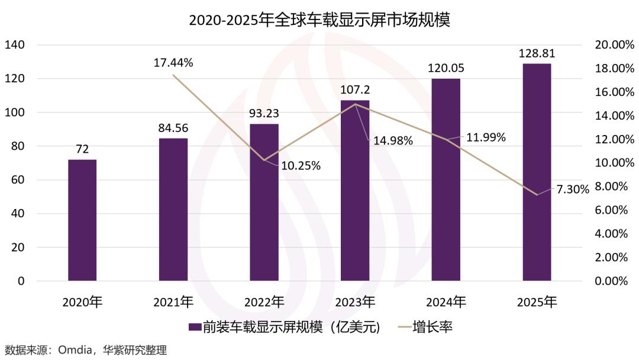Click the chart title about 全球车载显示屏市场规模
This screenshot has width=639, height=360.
click(319, 20)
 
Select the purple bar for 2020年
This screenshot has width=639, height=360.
click(82, 220)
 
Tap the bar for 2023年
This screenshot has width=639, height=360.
click(355, 191)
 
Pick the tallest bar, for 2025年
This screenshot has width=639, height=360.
click(537, 172)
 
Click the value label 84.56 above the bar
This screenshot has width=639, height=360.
click(173, 127)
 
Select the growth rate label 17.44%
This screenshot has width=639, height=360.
click(173, 62)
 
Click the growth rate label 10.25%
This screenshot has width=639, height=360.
click(300, 166)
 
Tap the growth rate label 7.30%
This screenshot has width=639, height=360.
click(573, 189)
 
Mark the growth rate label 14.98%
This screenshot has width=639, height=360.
click(392, 141)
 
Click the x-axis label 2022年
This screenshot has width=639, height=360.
click(264, 302)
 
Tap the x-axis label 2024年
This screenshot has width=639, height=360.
click(446, 302)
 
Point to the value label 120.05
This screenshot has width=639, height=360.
click(446, 68)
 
